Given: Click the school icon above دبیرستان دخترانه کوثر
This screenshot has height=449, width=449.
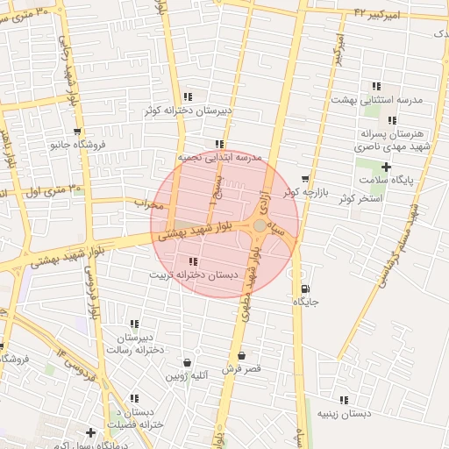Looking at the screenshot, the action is (x=188, y=97).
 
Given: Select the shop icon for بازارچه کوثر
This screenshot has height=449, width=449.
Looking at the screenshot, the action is (x=305, y=179).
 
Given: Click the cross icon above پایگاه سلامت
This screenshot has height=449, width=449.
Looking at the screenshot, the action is (x=386, y=167).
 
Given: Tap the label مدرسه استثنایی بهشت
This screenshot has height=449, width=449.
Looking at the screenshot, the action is (x=376, y=100).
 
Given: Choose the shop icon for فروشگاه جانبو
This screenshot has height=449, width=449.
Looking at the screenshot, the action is (x=77, y=132).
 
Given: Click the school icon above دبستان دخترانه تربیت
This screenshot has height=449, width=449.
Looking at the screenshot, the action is (x=193, y=261).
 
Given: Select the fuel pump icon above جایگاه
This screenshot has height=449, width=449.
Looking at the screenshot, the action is (x=305, y=289).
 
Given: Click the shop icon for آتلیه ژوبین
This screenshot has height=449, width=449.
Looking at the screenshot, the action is (x=187, y=363).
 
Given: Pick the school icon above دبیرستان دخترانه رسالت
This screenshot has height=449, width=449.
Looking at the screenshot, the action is (x=134, y=324).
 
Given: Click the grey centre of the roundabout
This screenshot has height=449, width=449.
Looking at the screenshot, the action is (x=260, y=226).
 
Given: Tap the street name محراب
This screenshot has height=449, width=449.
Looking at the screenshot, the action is (x=150, y=203).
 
